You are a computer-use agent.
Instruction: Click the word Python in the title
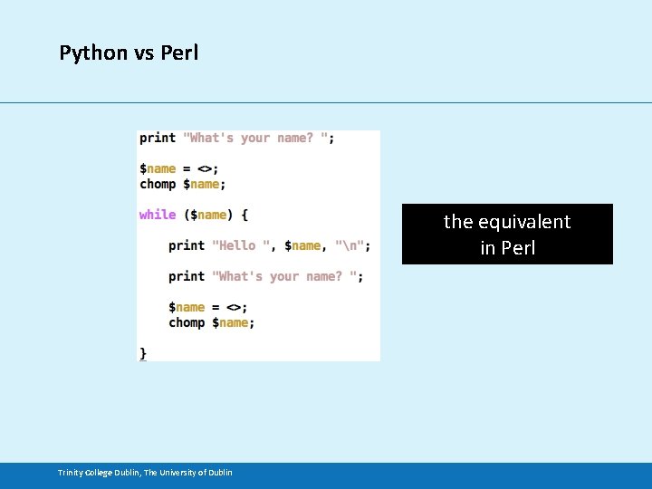tap(94, 53)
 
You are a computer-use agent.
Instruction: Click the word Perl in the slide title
tap(179, 53)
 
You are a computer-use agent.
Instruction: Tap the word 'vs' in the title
tap(144, 53)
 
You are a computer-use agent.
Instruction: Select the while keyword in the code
tap(158, 215)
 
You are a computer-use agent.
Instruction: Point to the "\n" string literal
tap(350, 245)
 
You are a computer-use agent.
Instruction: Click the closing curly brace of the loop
tap(143, 352)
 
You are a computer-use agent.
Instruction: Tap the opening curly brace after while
tap(244, 215)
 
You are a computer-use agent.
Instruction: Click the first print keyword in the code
tap(158, 138)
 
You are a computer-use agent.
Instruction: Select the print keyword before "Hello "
tap(187, 245)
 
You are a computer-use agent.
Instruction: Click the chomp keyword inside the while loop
tap(187, 322)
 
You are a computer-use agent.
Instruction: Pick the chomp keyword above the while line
tap(158, 184)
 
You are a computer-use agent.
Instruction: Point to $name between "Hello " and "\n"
tap(302, 245)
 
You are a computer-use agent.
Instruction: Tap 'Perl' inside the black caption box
tap(519, 248)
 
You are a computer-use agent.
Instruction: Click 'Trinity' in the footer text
tap(72, 472)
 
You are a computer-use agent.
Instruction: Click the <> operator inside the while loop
tap(234, 307)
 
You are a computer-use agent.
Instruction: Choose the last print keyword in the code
tap(187, 276)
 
